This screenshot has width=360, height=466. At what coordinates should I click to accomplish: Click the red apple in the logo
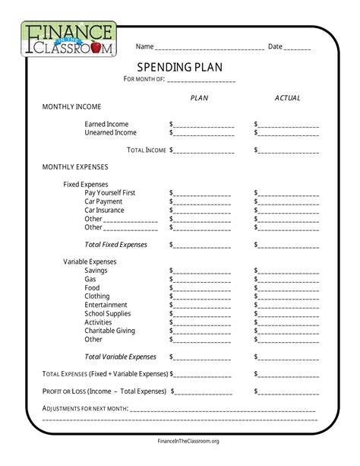tap(104, 48)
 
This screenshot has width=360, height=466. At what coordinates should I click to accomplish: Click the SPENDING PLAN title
tap(179, 67)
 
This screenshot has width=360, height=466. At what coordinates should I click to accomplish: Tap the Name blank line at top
tap(209, 47)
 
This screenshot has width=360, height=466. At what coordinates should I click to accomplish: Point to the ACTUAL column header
tap(287, 98)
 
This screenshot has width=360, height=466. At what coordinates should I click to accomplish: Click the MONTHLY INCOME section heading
tap(71, 106)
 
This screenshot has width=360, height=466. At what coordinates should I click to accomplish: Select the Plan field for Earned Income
tap(203, 125)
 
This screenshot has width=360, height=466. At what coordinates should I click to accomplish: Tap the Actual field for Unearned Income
tap(289, 133)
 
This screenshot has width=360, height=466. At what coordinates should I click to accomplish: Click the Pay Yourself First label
tap(110, 193)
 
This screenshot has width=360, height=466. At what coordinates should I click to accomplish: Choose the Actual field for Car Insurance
tap(289, 211)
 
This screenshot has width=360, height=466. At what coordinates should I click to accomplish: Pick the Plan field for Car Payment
tap(203, 202)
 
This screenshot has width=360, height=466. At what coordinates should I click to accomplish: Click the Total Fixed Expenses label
tap(116, 245)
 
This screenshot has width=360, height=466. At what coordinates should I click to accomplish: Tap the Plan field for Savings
tap(203, 271)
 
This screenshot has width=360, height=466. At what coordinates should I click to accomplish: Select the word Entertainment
tap(106, 305)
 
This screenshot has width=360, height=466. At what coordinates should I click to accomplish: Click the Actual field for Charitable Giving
tap(289, 331)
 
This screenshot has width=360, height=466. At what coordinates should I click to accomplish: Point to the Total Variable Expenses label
tap(120, 357)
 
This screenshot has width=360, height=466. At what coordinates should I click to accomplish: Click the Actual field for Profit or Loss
tap(289, 392)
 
